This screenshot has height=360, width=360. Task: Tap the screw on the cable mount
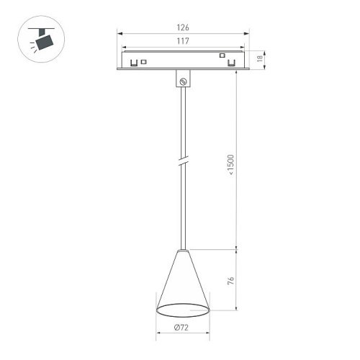pos(184,82)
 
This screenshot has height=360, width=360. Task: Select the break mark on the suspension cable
pos(184,162)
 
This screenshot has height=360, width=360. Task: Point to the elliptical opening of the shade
pos(183,310)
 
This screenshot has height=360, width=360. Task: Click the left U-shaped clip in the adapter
pos(133,63)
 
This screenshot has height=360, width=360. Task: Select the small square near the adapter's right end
pos(222,55)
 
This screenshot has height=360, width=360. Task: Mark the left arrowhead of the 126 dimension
pos(120,33)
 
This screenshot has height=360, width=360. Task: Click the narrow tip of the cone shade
pos(183,251)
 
